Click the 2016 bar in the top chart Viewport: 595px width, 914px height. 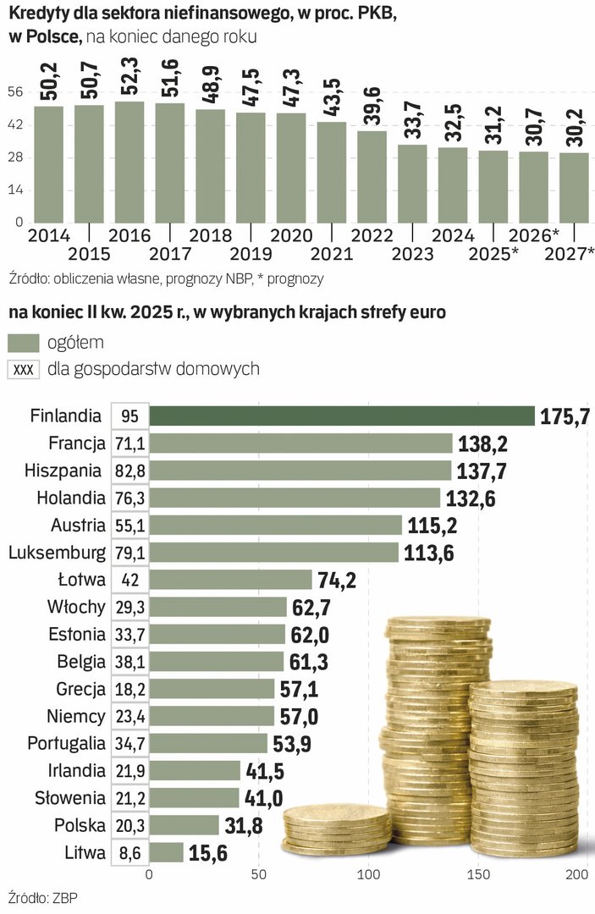pyautogui.click(x=129, y=162)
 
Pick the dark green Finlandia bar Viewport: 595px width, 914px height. pyautogui.click(x=342, y=416)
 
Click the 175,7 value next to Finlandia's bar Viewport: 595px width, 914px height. pyautogui.click(x=565, y=416)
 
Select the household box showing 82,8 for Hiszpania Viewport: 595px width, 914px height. pyautogui.click(x=129, y=470)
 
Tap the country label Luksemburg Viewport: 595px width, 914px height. pyautogui.click(x=57, y=553)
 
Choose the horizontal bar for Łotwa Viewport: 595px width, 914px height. pyautogui.click(x=231, y=580)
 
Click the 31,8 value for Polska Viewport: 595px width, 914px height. pyautogui.click(x=246, y=825)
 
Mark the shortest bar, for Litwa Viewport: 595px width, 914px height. pyautogui.click(x=166, y=852)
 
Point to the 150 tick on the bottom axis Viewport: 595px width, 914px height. pyautogui.click(x=479, y=874)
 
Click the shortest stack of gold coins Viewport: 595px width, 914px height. pyautogui.click(x=336, y=829)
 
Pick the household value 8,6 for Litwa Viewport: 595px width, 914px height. pyautogui.click(x=129, y=853)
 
